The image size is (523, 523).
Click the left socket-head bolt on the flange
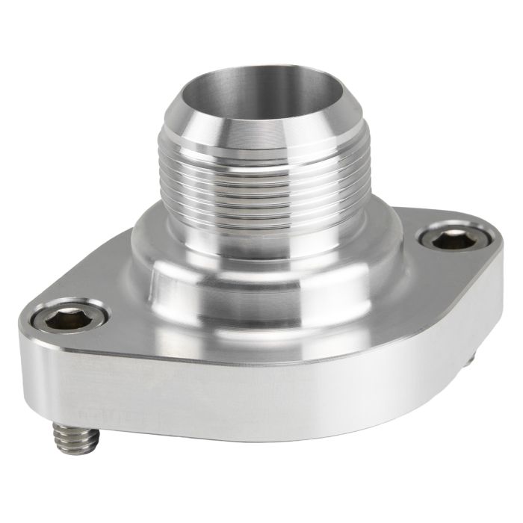point(62,319)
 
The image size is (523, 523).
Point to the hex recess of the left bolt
point(61,320)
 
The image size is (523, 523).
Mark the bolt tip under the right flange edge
point(468,360)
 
